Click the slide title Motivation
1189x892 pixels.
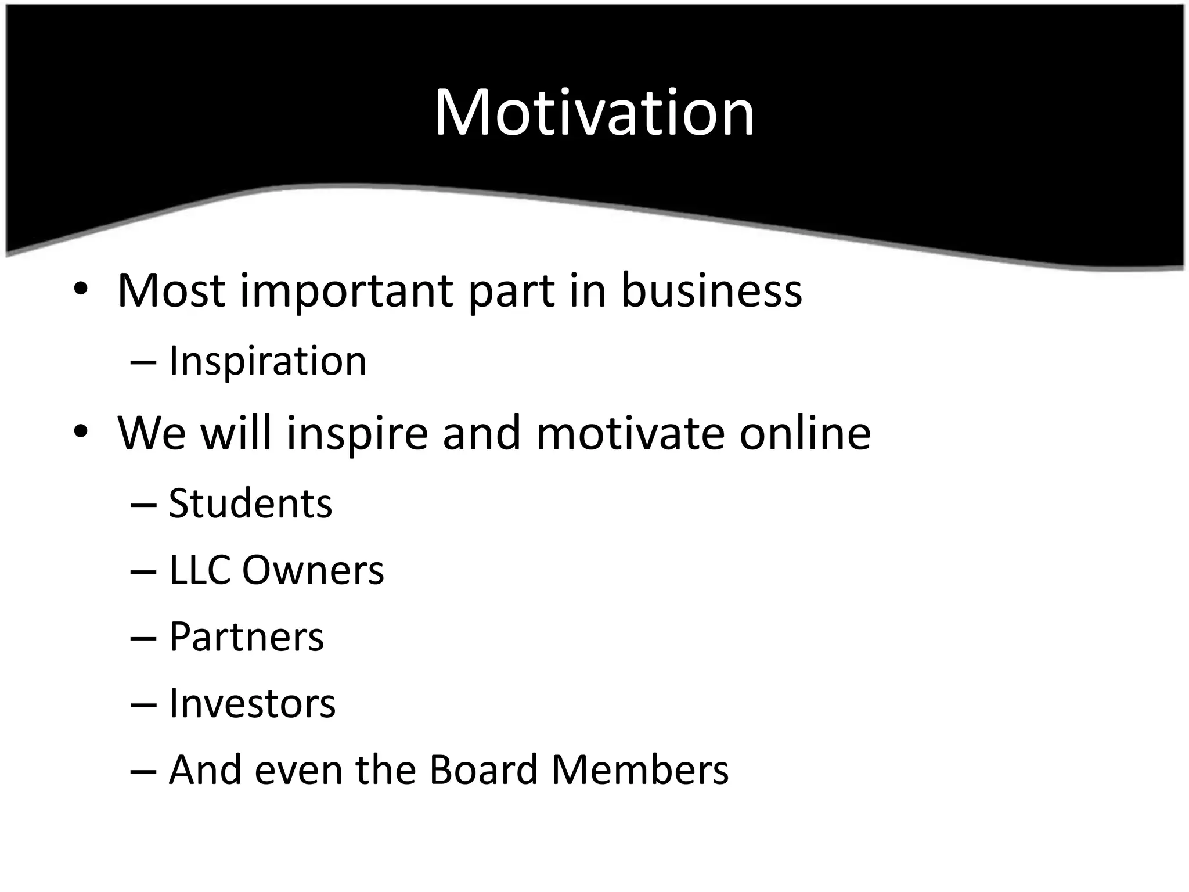(594, 113)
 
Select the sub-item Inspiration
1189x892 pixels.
(268, 361)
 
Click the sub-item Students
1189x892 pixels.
(250, 503)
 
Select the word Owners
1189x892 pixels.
(313, 570)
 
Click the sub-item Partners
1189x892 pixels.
(246, 638)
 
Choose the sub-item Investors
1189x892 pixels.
(252, 704)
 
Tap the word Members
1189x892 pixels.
(639, 770)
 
